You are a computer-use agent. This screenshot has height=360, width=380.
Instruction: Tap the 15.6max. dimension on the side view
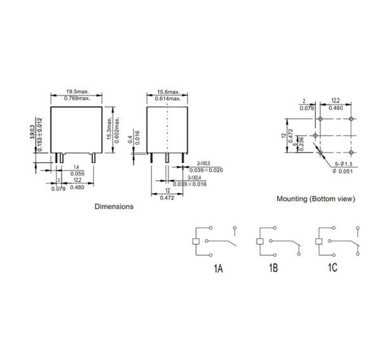pos(166,93)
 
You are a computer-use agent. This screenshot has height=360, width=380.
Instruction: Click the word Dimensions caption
pos(114,207)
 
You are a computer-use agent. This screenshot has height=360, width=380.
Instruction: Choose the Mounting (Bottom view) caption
pos(315,198)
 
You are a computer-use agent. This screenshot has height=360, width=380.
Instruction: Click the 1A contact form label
pos(218,269)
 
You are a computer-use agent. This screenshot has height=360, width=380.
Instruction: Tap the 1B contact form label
pos(273,269)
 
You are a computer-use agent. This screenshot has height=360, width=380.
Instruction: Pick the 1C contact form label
pos(332,269)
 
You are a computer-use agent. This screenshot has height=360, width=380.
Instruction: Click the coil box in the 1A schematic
pos(196,241)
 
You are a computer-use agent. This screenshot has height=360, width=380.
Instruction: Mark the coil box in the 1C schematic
pos(318,241)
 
